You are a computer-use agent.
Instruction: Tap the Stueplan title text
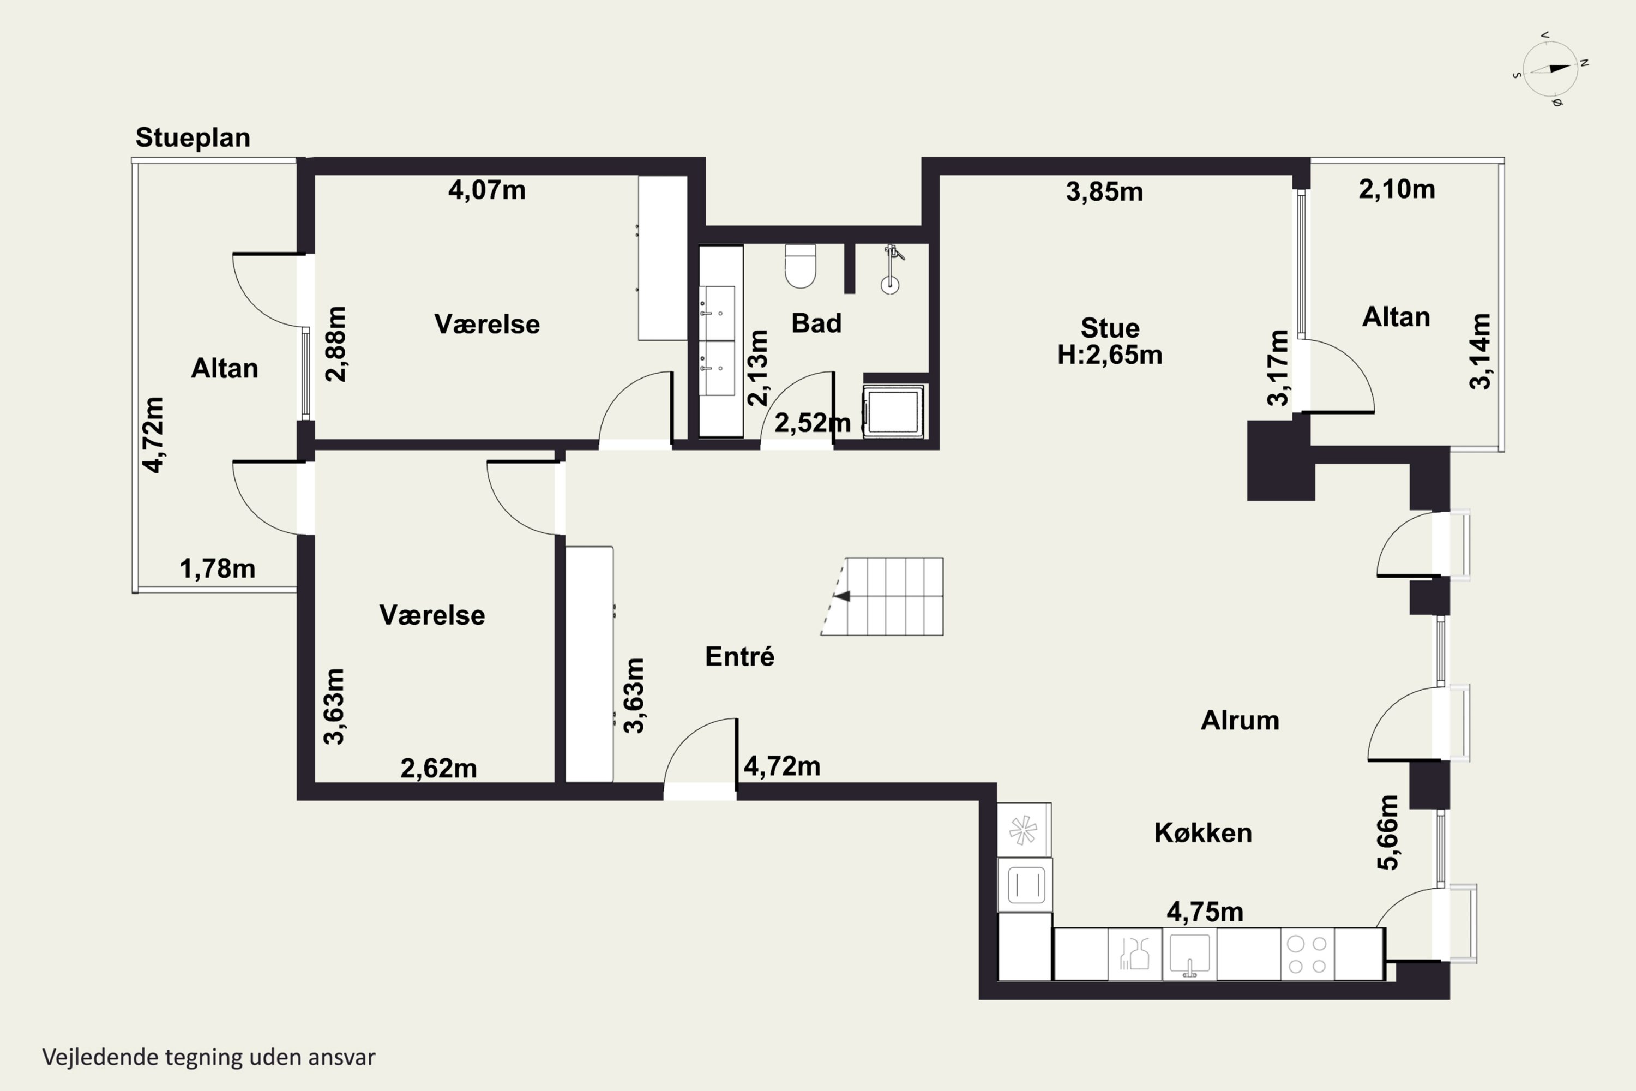point(193,138)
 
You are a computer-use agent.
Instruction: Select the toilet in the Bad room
point(800,266)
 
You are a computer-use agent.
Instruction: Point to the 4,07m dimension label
point(487,190)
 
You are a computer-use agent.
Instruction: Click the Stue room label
point(1110,328)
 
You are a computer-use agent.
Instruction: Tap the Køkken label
point(1204,833)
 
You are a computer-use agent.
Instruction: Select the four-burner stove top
point(1307,955)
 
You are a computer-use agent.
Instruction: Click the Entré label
point(739,656)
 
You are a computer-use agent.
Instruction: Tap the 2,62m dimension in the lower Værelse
point(439,768)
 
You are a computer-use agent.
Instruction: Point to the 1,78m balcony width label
point(218,568)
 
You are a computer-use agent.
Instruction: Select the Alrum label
point(1240,720)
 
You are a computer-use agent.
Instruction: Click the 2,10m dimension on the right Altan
point(1397,189)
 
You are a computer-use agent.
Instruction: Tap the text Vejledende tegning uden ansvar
point(209,1057)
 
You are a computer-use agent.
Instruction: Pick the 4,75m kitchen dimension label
point(1205,912)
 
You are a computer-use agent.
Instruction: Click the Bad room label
point(816,323)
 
